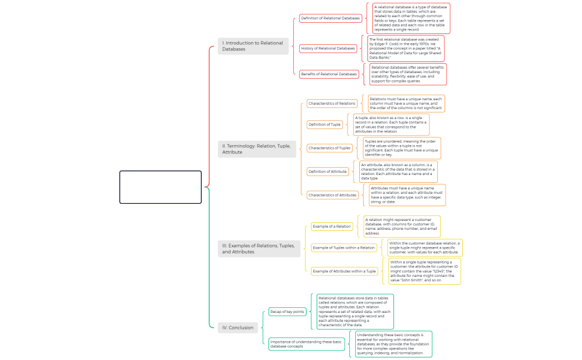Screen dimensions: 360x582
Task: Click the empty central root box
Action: (x=160, y=187)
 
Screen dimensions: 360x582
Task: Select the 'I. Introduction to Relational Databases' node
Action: (x=253, y=46)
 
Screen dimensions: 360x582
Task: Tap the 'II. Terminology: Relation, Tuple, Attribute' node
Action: (x=257, y=148)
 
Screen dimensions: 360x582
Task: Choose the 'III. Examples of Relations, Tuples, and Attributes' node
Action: (x=259, y=249)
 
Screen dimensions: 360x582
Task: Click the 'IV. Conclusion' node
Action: (x=238, y=327)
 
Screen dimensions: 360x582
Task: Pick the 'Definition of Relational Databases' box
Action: (x=330, y=18)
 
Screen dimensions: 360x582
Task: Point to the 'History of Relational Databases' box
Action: (x=328, y=48)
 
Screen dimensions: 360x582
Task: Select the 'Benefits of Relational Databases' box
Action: (x=329, y=74)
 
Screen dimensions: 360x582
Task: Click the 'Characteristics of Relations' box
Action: (x=332, y=104)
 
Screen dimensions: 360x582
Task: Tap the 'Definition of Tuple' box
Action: (x=325, y=125)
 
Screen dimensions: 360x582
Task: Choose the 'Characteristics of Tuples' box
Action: (x=329, y=148)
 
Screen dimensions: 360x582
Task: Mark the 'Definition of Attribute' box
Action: (x=328, y=172)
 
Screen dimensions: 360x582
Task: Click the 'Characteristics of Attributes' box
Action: (x=333, y=195)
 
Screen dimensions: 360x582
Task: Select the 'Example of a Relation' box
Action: (x=331, y=226)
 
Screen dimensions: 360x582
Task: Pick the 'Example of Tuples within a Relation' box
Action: (x=344, y=248)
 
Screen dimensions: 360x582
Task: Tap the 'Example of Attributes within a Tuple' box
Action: (x=344, y=271)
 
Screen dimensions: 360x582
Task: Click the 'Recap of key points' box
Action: (x=287, y=312)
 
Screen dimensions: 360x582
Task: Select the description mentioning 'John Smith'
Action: (x=424, y=271)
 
